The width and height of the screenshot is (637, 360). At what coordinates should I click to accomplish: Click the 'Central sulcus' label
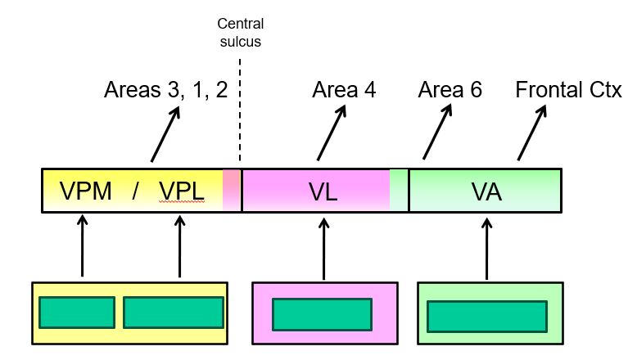pos(239,32)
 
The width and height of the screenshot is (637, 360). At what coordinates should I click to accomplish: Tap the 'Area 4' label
pos(344,89)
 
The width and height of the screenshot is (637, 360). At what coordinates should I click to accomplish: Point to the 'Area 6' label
pos(450,89)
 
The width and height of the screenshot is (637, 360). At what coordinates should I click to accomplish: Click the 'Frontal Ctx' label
pos(568,89)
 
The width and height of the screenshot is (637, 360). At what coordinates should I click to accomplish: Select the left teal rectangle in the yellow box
pos(76,313)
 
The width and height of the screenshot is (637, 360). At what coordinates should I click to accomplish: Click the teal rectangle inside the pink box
pos(323,314)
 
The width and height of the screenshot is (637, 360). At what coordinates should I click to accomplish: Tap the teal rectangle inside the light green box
pos(487,316)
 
